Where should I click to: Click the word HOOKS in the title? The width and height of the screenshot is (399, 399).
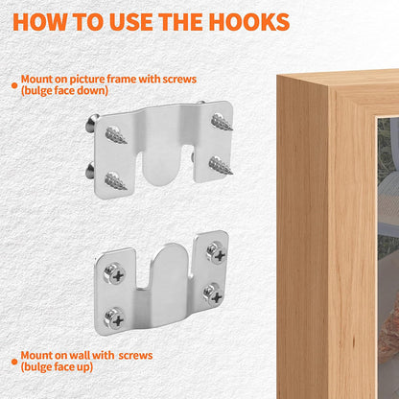pos(249,22)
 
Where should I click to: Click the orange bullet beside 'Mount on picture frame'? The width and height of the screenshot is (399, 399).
pos(14,85)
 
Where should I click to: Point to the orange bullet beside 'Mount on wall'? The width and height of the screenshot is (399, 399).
pos(14,362)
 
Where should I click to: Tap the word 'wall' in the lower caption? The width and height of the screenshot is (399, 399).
pos(80,355)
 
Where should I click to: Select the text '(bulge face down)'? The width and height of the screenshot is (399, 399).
pos(64,91)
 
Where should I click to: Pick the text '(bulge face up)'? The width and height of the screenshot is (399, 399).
pos(57,367)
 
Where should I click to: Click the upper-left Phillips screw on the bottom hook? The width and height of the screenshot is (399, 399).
pos(115,274)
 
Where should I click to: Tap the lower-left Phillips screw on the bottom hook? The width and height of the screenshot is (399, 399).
pos(115,318)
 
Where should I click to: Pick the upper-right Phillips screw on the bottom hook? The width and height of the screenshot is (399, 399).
pos(217,253)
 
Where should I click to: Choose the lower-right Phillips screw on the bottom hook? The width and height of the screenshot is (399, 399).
pos(214,294)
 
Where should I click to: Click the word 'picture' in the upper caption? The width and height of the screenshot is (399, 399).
pos(87,79)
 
